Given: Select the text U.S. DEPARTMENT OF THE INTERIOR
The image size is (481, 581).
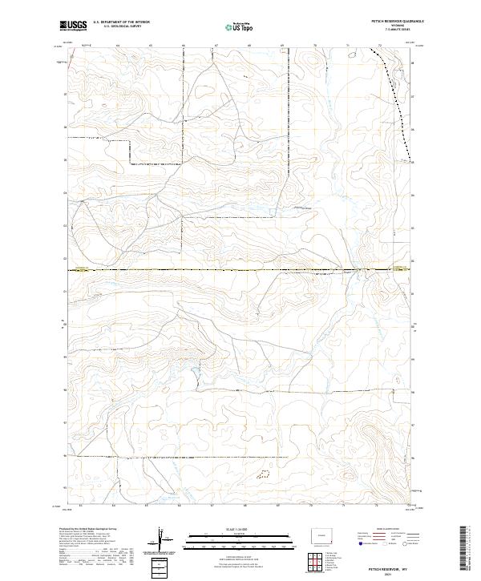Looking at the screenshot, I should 121,23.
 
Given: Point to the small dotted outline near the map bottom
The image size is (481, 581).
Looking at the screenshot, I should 262,474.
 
